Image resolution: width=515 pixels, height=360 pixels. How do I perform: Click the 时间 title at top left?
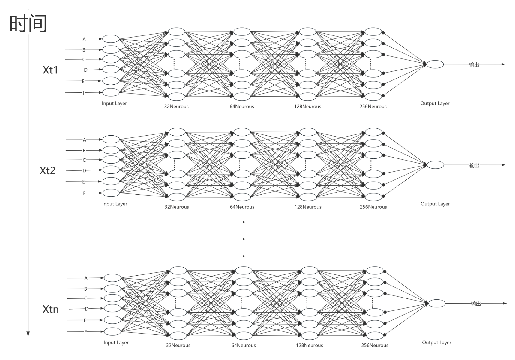(x=28, y=23)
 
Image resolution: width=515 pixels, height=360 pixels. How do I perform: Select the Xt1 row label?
(x=50, y=70)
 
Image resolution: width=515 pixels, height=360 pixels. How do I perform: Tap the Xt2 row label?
(x=47, y=170)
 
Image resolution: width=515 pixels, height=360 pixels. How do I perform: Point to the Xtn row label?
(x=50, y=309)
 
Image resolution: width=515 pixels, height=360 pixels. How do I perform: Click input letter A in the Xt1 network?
(x=84, y=39)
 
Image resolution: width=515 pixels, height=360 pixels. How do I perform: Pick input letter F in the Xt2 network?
(x=84, y=193)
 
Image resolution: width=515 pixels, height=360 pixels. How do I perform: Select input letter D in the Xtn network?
(x=86, y=309)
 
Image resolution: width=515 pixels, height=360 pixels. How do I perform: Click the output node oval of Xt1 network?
(x=435, y=64)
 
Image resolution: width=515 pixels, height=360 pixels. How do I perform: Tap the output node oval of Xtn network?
(x=437, y=303)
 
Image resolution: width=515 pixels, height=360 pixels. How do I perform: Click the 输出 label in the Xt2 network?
(x=474, y=165)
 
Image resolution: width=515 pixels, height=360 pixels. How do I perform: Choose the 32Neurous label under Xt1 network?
(x=176, y=106)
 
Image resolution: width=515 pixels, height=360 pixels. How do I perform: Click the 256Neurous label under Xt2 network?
(x=373, y=207)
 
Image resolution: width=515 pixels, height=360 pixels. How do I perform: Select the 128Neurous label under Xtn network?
(x=309, y=345)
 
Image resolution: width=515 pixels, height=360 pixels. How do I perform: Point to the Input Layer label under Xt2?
(x=115, y=204)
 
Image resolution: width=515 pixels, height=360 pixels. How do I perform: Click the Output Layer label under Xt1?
(x=435, y=103)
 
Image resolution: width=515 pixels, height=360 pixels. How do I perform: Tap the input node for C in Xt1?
(x=111, y=59)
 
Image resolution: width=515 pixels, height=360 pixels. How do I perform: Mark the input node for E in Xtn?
(x=112, y=320)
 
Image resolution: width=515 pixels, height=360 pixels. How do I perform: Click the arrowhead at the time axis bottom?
(x=28, y=334)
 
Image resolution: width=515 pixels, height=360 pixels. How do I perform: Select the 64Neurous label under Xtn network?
(x=244, y=345)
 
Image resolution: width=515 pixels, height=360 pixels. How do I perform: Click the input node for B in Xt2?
(x=111, y=150)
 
